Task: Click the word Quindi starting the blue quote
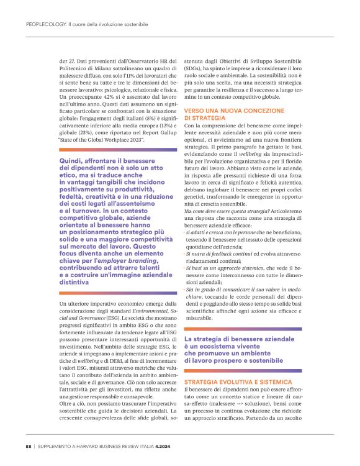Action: click(x=70, y=161)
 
